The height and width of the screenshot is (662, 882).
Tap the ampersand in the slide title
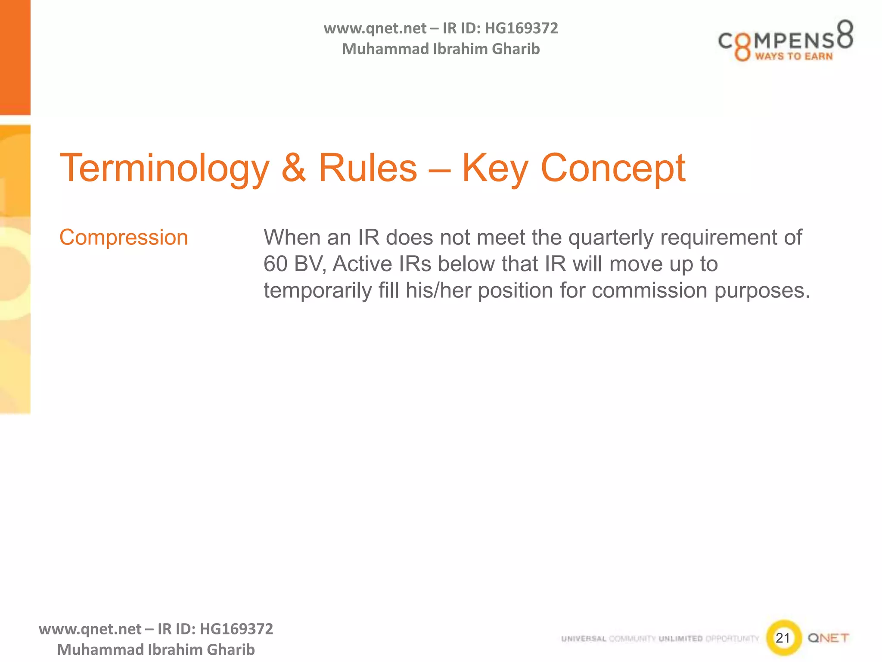pyautogui.click(x=294, y=169)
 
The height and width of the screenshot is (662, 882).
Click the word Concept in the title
pyautogui.click(x=612, y=169)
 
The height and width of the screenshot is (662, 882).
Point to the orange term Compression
pyautogui.click(x=124, y=237)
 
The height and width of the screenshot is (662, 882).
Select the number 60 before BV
pyautogui.click(x=276, y=264)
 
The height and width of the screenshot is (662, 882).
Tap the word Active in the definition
pyautogui.click(x=362, y=264)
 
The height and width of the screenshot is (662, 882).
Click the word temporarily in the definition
pyautogui.click(x=317, y=290)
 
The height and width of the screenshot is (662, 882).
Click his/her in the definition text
pyautogui.click(x=438, y=290)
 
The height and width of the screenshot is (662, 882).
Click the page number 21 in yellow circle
pyautogui.click(x=783, y=638)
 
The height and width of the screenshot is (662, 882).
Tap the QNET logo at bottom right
pyautogui.click(x=828, y=638)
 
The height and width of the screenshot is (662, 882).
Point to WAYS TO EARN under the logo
pyautogui.click(x=793, y=56)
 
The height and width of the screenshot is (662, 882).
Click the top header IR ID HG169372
pyautogui.click(x=500, y=28)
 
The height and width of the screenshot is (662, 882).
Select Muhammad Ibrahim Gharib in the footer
pyautogui.click(x=156, y=650)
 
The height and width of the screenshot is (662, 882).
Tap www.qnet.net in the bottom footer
pyautogui.click(x=90, y=629)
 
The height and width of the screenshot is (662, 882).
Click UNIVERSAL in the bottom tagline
pyautogui.click(x=584, y=639)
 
